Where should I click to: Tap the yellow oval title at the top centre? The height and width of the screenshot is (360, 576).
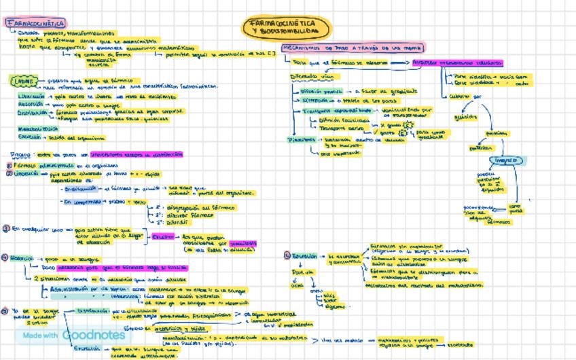(288, 28)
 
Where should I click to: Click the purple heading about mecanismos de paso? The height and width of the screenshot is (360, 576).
(353, 48)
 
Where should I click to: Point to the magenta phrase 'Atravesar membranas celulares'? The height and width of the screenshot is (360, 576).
(458, 63)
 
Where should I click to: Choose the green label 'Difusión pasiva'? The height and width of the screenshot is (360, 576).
(321, 91)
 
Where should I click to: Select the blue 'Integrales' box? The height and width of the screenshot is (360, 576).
(509, 161)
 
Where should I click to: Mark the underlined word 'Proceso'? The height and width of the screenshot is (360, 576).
(20, 155)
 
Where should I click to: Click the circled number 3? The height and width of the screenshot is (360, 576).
(6, 229)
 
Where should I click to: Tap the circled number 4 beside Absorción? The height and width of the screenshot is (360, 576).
(5, 258)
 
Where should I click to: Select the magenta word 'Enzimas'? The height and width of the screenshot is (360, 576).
(163, 237)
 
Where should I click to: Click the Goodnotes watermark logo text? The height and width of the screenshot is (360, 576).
(94, 335)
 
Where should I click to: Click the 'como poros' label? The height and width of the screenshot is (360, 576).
(516, 208)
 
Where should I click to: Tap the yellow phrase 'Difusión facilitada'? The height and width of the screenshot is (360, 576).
(344, 120)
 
